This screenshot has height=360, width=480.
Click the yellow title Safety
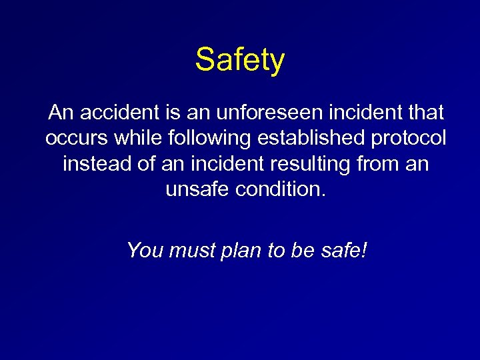pyautogui.click(x=240, y=60)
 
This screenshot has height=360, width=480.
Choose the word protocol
pyautogui.click(x=408, y=138)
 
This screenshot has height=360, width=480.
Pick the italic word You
pyautogui.click(x=145, y=250)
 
